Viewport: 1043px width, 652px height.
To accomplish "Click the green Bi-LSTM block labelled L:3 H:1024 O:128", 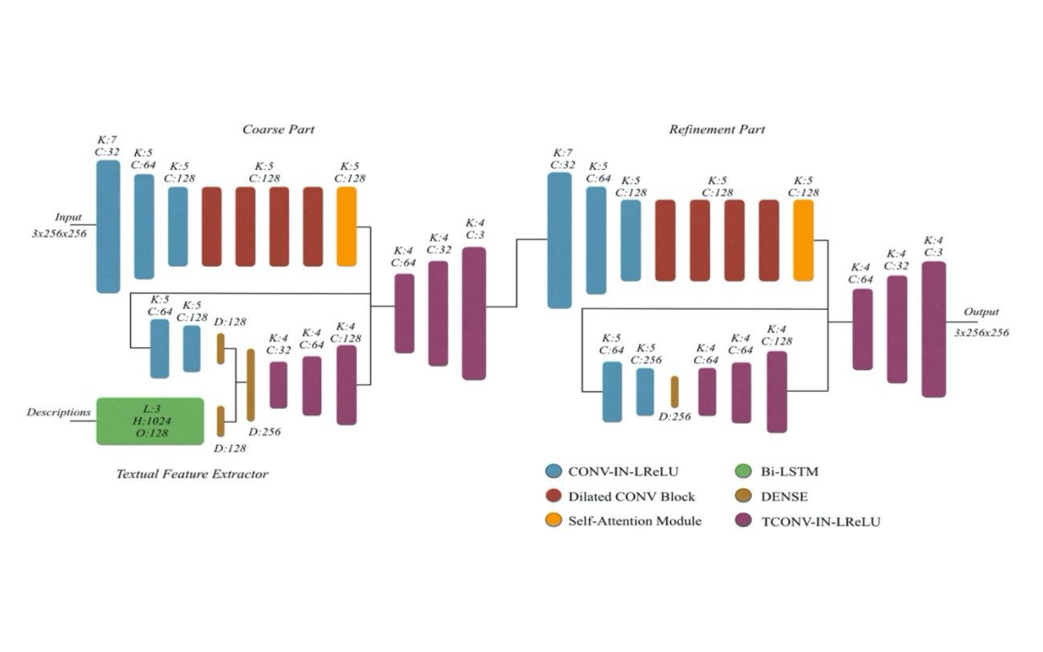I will coord(150,421).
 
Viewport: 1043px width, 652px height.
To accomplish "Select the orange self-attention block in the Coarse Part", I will coord(346,226).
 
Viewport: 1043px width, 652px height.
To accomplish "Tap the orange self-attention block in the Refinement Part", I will coord(803,240).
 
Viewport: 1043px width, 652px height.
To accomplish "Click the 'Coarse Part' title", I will coord(278,129).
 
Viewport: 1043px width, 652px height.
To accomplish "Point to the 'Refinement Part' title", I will coord(716,129).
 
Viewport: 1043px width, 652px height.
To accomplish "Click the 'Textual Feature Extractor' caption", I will coord(192,474).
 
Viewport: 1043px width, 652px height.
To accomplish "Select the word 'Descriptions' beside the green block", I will coord(58,412).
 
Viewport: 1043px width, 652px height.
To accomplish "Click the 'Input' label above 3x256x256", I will coord(68,217).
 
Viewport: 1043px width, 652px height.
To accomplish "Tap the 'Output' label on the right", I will coord(981,312).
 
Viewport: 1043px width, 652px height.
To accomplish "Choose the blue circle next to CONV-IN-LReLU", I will coord(553,471).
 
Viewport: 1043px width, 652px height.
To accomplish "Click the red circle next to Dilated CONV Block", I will coord(553,496).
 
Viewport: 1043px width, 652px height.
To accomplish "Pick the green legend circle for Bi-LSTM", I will coord(744,471).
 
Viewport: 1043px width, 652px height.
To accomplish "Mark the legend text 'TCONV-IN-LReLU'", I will coord(820,522).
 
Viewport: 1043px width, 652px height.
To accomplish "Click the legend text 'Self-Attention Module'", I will coord(634,521).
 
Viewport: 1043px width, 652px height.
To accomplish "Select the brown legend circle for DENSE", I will coord(744,496).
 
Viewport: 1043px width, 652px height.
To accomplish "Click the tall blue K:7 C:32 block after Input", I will coord(108,226).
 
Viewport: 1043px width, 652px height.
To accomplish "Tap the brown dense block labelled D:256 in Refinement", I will coord(674,392).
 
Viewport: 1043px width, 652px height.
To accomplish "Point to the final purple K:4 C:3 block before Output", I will coord(933,329).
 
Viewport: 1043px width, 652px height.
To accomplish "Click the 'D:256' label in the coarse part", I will coord(264,432).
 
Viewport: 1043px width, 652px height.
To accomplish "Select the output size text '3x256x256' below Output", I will coord(981,333).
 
